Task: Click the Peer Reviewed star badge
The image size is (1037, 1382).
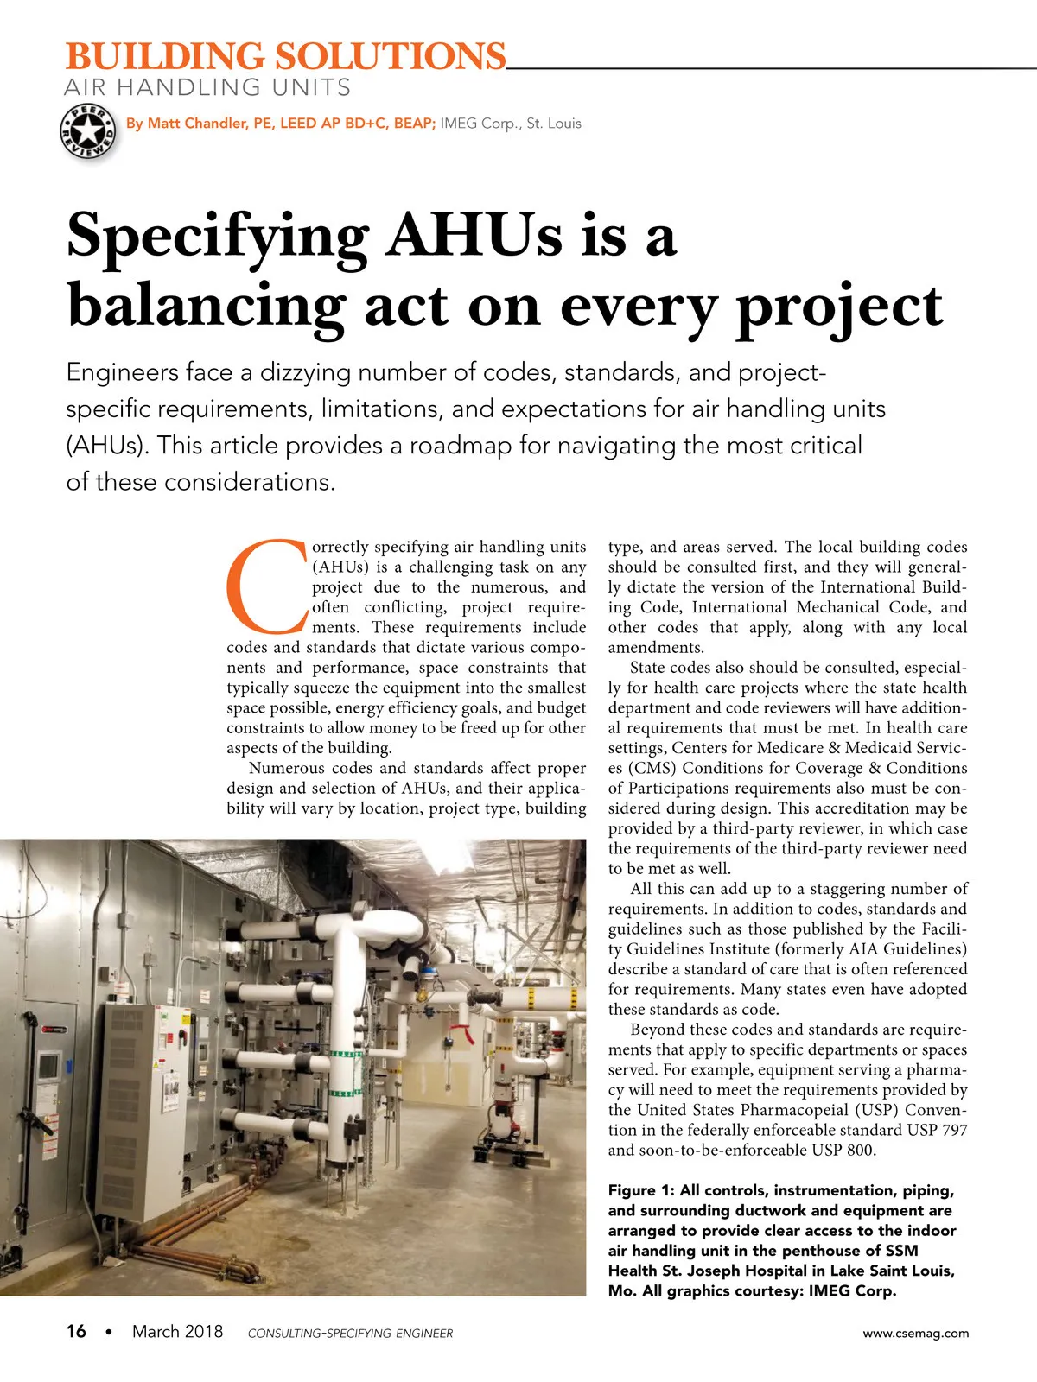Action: tap(88, 132)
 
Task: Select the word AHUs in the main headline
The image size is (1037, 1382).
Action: tap(474, 235)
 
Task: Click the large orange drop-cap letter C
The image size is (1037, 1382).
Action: tap(266, 585)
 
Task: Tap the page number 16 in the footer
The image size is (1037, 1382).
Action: tap(76, 1331)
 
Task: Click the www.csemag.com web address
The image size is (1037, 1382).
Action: tap(915, 1333)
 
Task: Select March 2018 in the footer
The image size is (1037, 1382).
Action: tap(177, 1331)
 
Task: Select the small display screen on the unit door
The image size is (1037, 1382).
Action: tap(48, 1065)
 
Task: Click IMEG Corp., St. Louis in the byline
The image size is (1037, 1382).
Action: tap(511, 124)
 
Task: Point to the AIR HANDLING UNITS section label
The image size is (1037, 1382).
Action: tap(207, 87)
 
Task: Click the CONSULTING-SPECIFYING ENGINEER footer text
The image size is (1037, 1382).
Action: tap(350, 1333)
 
